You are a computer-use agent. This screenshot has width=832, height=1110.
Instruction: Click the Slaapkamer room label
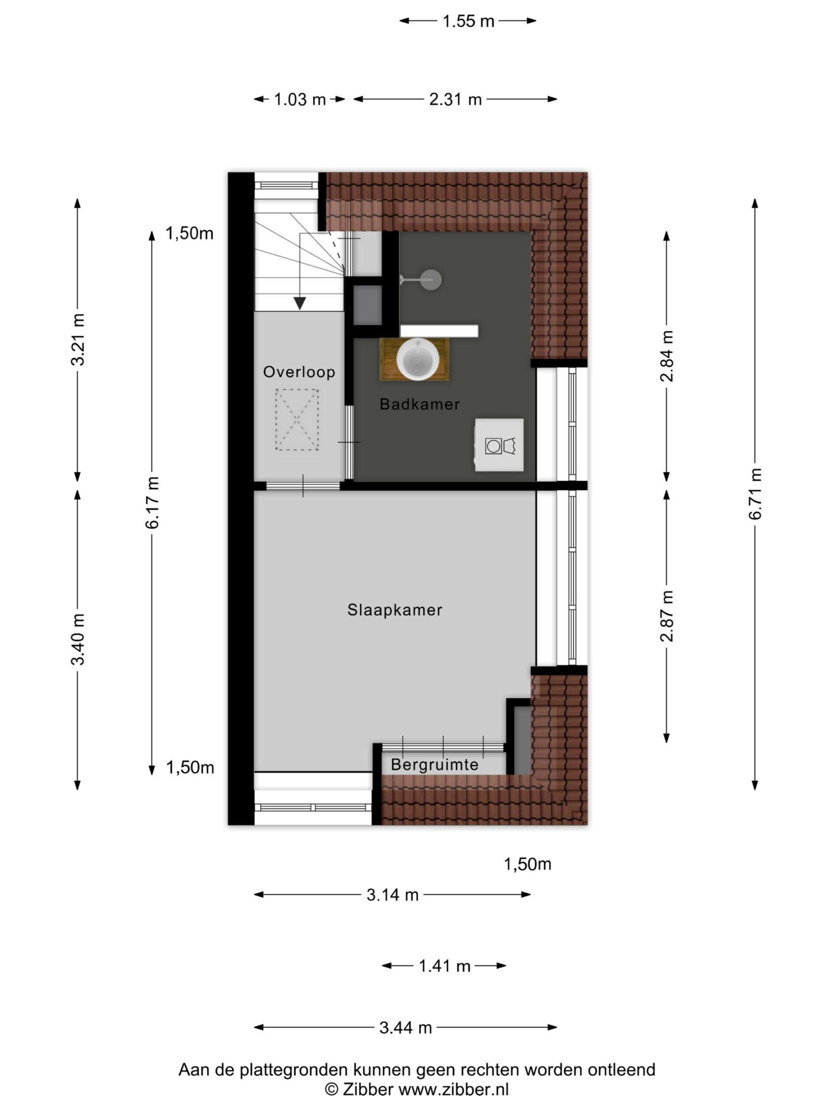tap(395, 610)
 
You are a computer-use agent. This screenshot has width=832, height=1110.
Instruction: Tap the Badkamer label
tap(419, 404)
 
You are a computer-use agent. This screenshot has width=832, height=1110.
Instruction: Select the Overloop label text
tap(299, 372)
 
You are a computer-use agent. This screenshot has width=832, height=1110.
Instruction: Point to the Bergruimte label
tap(434, 765)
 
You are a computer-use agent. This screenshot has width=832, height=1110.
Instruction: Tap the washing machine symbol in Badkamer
tap(500, 445)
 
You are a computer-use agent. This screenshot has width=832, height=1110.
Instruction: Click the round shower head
tap(431, 280)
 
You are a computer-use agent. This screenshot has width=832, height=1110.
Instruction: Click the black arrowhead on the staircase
tap(300, 303)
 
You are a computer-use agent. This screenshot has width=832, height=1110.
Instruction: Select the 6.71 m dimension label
tap(755, 494)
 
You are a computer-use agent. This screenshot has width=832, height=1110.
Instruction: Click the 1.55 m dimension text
tap(468, 21)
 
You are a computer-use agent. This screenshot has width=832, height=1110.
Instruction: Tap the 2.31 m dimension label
tap(455, 99)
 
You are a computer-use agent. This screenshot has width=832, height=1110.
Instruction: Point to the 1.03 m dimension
tap(299, 99)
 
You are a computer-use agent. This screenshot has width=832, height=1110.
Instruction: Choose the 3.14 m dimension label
tap(392, 895)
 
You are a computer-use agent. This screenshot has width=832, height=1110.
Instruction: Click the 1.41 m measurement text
tap(444, 966)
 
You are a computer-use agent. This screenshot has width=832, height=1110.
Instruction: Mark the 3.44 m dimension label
tap(405, 1028)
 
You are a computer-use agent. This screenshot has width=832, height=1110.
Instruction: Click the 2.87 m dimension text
tap(666, 616)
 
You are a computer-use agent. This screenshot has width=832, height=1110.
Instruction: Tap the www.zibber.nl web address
tap(453, 1090)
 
